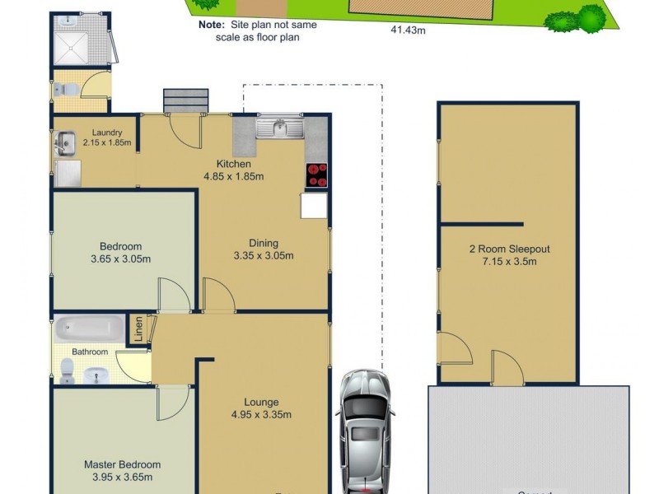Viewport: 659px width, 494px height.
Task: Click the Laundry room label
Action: click(x=108, y=133)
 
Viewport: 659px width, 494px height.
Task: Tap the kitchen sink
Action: click(x=279, y=128)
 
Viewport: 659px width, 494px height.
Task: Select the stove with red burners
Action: click(x=317, y=176)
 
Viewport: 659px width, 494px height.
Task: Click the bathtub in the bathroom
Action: click(x=89, y=330)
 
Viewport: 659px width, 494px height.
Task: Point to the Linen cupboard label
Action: click(x=139, y=329)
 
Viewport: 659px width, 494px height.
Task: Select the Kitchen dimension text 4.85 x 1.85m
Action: click(x=234, y=176)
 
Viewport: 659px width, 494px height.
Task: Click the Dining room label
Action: click(x=264, y=243)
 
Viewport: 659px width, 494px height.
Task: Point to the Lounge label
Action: click(x=260, y=403)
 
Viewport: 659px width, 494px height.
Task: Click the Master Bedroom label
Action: click(x=122, y=464)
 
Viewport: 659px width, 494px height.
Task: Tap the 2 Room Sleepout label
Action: click(x=509, y=249)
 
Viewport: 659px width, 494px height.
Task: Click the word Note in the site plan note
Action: click(x=211, y=26)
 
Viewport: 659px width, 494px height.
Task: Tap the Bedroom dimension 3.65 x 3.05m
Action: click(x=120, y=259)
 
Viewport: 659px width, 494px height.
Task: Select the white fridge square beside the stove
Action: click(x=314, y=206)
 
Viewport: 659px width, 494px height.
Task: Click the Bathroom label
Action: click(x=90, y=352)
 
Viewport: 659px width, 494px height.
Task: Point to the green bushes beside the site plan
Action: click(x=581, y=18)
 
